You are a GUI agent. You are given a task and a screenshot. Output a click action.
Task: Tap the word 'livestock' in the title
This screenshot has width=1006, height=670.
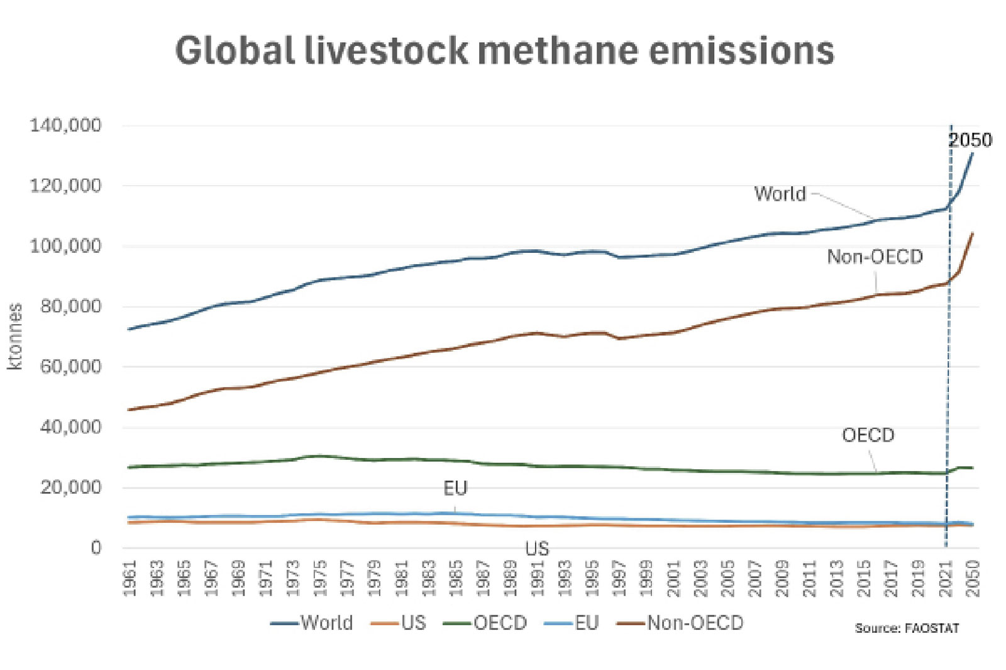pyautogui.click(x=387, y=50)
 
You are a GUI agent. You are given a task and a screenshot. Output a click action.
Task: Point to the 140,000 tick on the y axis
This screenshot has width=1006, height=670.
pyautogui.click(x=65, y=125)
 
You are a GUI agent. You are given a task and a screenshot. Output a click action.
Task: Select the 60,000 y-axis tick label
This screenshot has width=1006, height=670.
pyautogui.click(x=70, y=367)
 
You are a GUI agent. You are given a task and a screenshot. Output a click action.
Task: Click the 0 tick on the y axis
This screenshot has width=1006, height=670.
pyautogui.click(x=96, y=548)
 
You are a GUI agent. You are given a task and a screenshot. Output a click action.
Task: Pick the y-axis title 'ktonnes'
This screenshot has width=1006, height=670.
pyautogui.click(x=15, y=336)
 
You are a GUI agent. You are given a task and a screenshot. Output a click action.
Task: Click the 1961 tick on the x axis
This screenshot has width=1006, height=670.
pyautogui.click(x=130, y=578)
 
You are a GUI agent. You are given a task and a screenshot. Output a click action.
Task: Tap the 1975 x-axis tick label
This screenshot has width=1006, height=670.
pyautogui.click(x=320, y=578)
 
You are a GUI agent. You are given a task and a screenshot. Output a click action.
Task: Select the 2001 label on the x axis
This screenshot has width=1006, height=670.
pyautogui.click(x=674, y=578)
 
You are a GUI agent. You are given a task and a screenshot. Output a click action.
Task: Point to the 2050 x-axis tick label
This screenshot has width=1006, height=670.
pyautogui.click(x=973, y=578)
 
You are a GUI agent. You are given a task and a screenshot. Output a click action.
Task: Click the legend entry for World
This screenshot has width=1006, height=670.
pyautogui.click(x=312, y=623)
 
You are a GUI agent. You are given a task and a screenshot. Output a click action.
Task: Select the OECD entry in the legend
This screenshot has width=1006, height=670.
pyautogui.click(x=485, y=623)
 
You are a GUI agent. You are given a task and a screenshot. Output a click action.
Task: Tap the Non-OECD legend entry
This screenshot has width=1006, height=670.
pyautogui.click(x=681, y=623)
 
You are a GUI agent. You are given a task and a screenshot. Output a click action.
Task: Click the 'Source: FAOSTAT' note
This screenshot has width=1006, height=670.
pyautogui.click(x=907, y=628)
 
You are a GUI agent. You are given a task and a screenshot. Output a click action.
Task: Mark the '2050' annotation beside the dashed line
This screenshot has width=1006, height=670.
pyautogui.click(x=970, y=140)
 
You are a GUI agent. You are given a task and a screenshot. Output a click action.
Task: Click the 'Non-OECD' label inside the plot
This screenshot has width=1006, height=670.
pyautogui.click(x=875, y=257)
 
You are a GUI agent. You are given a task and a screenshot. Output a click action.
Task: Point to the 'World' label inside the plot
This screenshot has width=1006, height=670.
pyautogui.click(x=780, y=194)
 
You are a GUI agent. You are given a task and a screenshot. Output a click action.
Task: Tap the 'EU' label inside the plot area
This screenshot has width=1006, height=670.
pyautogui.click(x=455, y=488)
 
